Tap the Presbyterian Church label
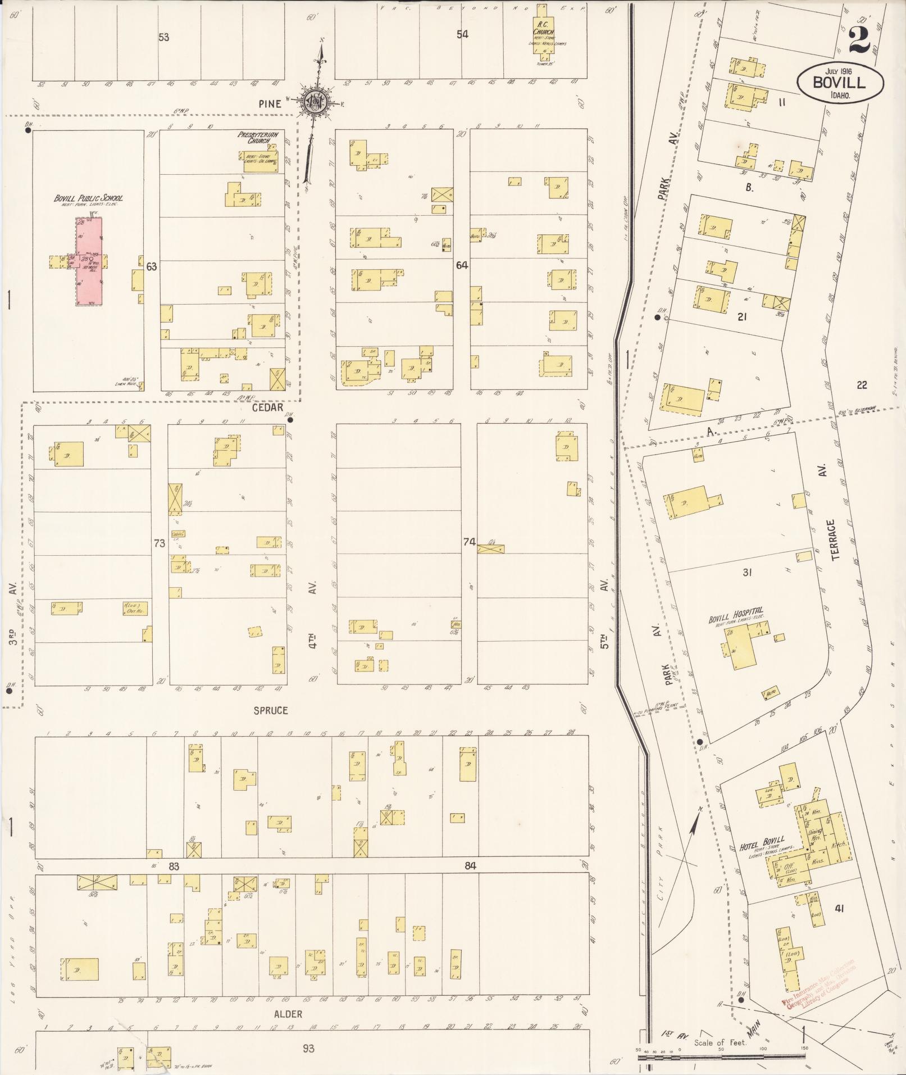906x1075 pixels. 261,137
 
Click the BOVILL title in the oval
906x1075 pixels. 840,83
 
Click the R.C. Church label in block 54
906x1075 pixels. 543,28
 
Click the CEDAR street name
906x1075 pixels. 267,408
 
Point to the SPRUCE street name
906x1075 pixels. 271,710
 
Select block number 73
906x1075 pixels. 160,543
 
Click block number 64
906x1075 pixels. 462,265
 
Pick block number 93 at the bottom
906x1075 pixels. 308,1048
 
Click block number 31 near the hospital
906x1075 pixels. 747,573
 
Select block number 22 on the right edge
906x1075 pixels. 862,385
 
